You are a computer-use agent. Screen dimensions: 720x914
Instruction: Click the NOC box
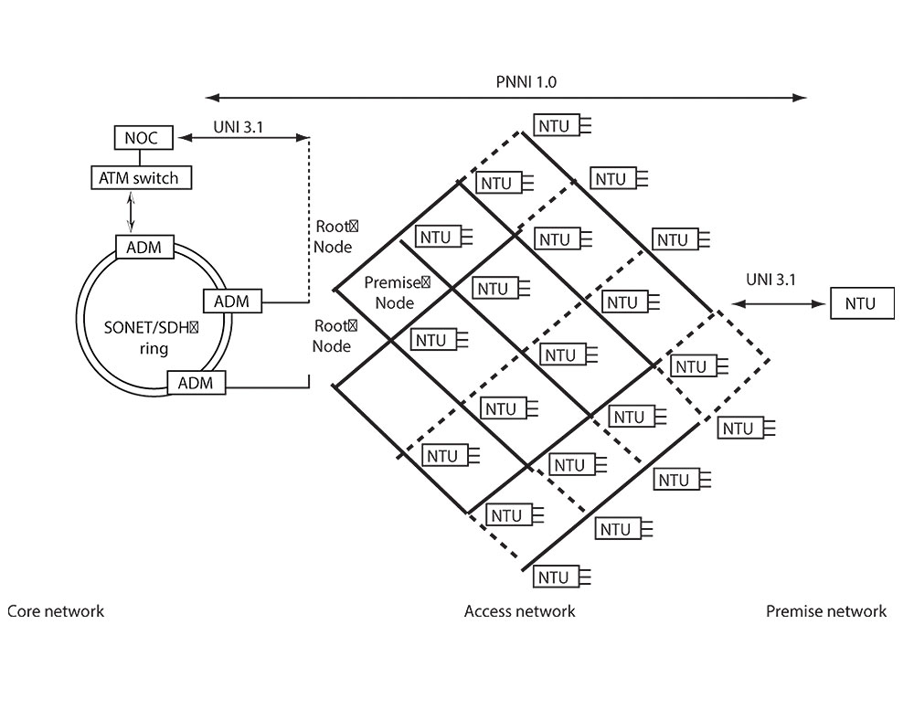pos(142,139)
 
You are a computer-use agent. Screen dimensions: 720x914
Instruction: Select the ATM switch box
pos(142,176)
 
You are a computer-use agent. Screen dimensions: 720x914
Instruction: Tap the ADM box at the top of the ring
pos(143,246)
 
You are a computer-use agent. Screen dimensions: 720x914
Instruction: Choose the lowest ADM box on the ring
pos(195,383)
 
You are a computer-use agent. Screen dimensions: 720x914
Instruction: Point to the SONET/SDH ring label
pos(143,335)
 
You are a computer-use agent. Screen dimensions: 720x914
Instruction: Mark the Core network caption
pos(56,611)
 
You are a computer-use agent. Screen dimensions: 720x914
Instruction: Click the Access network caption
pos(520,611)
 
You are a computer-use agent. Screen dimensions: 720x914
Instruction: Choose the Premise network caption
pos(826,611)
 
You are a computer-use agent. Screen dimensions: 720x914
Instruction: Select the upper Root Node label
pos(333,236)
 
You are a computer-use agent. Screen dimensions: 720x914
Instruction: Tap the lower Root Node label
pos(333,335)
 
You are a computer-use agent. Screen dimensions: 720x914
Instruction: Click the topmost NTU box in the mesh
pos(553,125)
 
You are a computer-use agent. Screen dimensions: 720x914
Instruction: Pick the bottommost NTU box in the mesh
pos(553,577)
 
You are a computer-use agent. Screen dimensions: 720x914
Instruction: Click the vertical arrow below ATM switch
pos(134,211)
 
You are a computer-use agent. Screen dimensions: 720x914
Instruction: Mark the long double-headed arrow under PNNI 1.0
pos(507,96)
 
